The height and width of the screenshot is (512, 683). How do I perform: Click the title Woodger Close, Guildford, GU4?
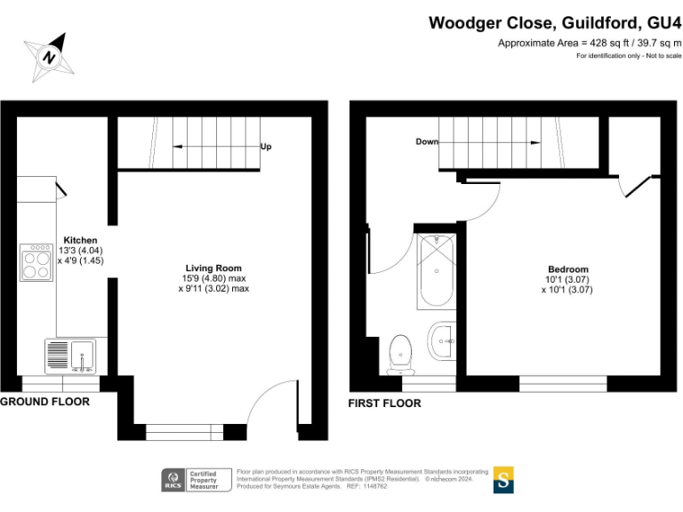tap(555, 22)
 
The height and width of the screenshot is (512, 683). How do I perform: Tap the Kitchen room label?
tap(80, 240)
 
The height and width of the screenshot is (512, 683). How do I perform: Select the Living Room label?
tap(213, 268)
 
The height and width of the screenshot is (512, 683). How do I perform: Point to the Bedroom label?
tap(567, 269)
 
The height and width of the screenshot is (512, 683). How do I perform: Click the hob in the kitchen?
tap(36, 262)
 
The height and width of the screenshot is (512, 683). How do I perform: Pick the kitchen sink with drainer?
tap(69, 356)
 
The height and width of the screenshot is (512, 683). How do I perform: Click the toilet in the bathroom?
tap(401, 352)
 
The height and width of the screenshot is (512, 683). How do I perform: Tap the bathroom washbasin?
tap(442, 339)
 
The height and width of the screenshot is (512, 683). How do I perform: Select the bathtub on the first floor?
tap(437, 271)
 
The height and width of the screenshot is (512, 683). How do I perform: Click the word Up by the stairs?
tap(266, 147)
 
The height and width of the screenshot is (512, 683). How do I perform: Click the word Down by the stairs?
tap(427, 141)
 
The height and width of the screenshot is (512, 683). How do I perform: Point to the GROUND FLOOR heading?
tap(44, 402)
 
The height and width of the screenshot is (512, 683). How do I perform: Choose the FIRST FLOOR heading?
tap(385, 404)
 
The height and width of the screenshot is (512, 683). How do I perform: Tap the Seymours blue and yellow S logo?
tap(504, 479)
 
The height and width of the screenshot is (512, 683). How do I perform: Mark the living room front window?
tap(183, 433)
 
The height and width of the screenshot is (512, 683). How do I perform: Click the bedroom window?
tap(563, 383)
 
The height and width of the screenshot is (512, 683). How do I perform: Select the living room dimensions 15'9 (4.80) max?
tap(213, 278)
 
